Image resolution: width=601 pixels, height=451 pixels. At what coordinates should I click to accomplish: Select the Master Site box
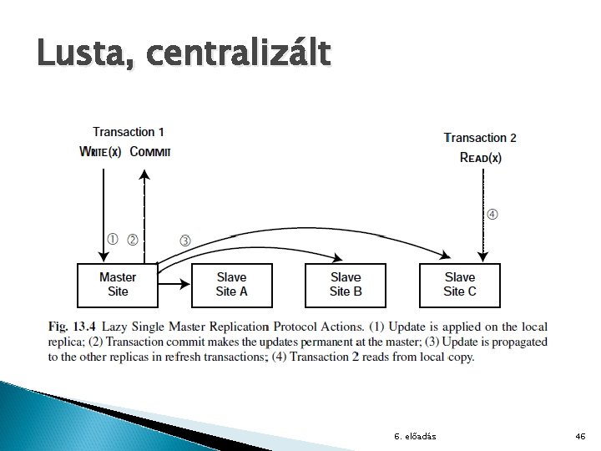[x=118, y=284]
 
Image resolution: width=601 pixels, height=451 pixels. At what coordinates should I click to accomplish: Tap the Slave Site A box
[x=231, y=284]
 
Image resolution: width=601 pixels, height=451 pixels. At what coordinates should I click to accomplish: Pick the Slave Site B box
[x=346, y=284]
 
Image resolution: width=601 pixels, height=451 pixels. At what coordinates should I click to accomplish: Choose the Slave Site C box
[x=459, y=284]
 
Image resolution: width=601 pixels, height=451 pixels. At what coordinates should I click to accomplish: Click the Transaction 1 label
[x=128, y=132]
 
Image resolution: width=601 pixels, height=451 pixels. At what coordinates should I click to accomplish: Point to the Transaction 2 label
[x=480, y=138]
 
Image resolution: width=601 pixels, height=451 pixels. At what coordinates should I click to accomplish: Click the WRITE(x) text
[x=100, y=151]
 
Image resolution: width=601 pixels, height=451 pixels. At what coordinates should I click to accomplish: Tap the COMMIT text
[x=150, y=151]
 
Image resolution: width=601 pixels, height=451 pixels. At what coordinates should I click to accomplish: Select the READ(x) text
[x=480, y=158]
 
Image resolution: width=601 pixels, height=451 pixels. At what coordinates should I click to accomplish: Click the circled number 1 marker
[x=112, y=239]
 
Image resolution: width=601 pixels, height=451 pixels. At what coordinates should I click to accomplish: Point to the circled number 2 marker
[x=132, y=239]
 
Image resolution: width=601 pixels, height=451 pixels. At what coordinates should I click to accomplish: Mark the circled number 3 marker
[x=184, y=241]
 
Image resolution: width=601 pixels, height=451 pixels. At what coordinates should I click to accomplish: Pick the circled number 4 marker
[x=492, y=215]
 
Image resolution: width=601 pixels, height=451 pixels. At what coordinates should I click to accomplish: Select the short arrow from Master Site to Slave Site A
[x=175, y=285]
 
